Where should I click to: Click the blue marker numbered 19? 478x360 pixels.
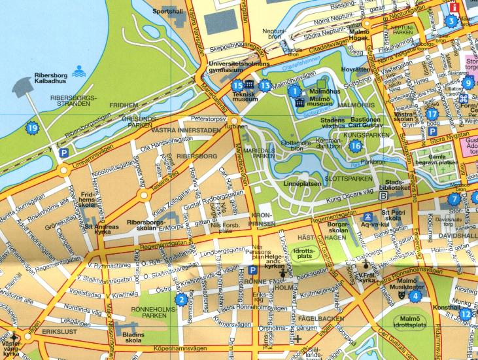[x=33, y=128]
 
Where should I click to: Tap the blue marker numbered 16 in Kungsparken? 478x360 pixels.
[x=355, y=145]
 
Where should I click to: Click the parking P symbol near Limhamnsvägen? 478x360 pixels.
[x=63, y=153]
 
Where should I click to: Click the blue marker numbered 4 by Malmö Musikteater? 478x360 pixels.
[x=414, y=296]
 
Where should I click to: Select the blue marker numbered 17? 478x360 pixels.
[x=432, y=113]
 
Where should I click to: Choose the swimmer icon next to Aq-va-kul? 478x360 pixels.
[x=369, y=217]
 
